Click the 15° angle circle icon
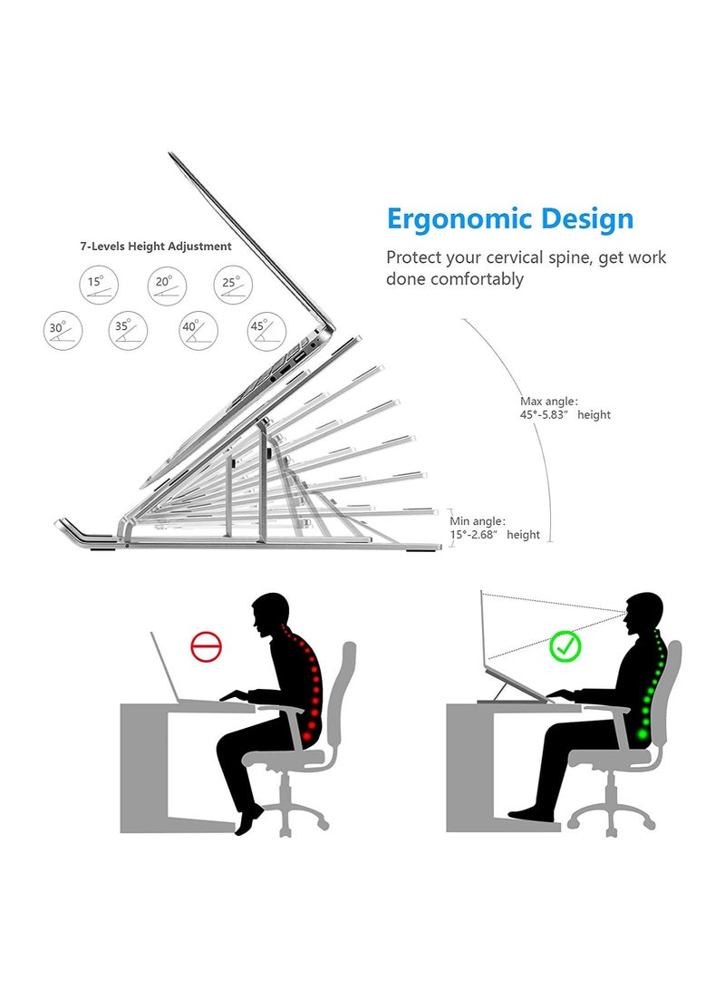[x=99, y=285]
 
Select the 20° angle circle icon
[x=167, y=285]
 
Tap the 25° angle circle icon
[x=233, y=285]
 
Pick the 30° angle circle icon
[x=63, y=331]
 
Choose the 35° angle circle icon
[x=128, y=331]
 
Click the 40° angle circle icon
[x=198, y=331]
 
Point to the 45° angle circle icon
[x=266, y=331]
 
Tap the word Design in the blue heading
[x=587, y=218]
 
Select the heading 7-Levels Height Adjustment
[x=156, y=247]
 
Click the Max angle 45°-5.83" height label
[x=565, y=408]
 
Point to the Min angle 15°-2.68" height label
[x=495, y=528]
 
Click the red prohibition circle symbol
[x=206, y=646]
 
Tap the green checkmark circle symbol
[x=565, y=645]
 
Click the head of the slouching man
[x=270, y=613]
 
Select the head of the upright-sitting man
[x=643, y=612]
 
